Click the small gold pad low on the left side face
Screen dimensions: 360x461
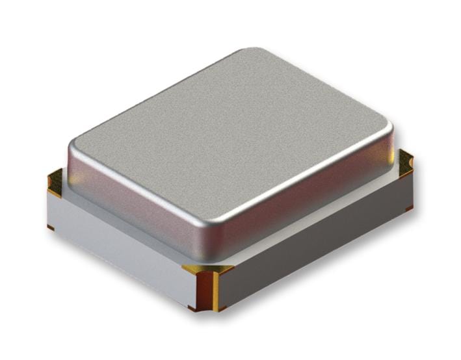point(50,227)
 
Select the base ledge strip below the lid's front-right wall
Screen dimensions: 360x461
point(312,224)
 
